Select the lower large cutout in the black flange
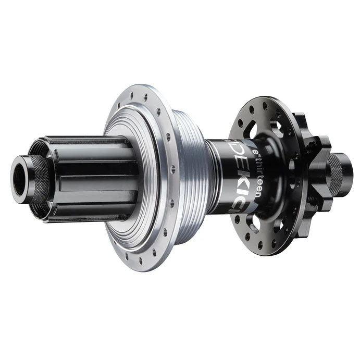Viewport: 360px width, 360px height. click(254, 221)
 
